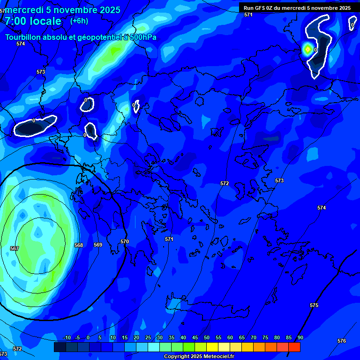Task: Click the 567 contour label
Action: click(15, 248)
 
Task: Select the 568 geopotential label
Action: click(79, 245)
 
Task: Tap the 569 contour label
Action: click(98, 245)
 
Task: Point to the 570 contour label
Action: click(124, 241)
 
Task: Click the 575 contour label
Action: click(314, 305)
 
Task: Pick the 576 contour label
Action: click(342, 341)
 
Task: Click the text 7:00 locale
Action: click(33, 21)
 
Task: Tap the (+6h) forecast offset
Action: click(79, 21)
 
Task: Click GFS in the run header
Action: click(260, 8)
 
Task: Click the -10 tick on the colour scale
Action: click(67, 337)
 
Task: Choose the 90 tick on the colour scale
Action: click(300, 337)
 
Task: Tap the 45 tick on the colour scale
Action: click(195, 337)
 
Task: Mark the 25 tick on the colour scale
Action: click(148, 337)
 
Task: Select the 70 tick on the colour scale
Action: click(254, 337)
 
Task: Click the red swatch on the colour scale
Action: click(294, 347)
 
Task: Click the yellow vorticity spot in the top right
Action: click(307, 49)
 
